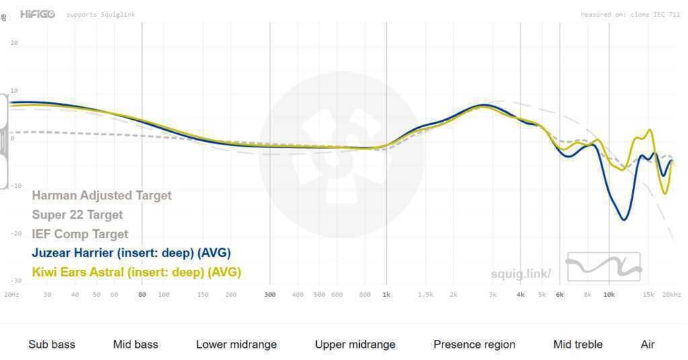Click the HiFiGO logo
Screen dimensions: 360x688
(37, 14)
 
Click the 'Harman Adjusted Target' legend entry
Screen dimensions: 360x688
(102, 196)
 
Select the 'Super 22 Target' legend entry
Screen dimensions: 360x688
(77, 215)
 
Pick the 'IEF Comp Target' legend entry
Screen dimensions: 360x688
(80, 234)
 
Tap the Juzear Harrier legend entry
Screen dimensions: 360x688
(131, 254)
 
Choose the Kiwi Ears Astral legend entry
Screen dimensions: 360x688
(137, 273)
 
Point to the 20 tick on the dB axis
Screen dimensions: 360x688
(14, 43)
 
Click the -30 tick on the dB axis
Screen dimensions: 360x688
(14, 281)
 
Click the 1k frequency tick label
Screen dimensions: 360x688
(386, 295)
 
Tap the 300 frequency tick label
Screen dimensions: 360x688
(270, 295)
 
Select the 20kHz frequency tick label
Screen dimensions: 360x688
(671, 295)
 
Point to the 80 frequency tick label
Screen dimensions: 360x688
(142, 295)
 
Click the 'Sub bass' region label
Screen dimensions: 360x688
(52, 345)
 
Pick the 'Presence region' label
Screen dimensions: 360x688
(474, 345)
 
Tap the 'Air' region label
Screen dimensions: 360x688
(648, 345)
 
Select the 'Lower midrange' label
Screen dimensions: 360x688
(236, 345)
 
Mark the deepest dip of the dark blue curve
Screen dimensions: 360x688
(625, 219)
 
